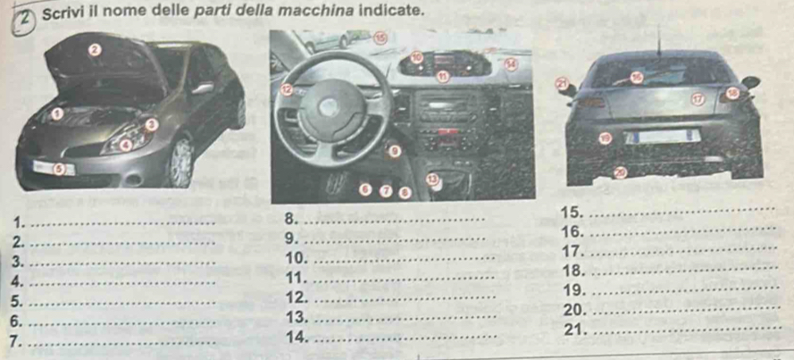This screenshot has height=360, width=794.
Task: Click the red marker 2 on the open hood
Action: coord(95,49)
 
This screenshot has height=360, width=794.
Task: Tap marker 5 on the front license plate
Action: coord(59,169)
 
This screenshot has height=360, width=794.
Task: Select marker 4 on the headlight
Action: coord(127,146)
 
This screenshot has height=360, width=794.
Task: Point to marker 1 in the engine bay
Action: coord(58,113)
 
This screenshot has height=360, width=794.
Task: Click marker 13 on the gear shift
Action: coord(431,180)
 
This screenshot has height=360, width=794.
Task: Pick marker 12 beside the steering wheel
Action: coord(287,89)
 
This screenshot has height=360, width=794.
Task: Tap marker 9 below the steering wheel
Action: coord(395,150)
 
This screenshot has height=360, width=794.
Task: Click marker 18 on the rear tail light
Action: coord(732,93)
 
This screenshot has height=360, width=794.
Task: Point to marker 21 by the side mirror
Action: coord(562,83)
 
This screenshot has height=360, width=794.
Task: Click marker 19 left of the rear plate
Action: coord(606,138)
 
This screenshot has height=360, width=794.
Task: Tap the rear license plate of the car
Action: coord(663,137)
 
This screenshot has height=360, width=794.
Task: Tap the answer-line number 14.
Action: coord(297,336)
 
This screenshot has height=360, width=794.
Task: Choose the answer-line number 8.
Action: coord(291,218)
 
